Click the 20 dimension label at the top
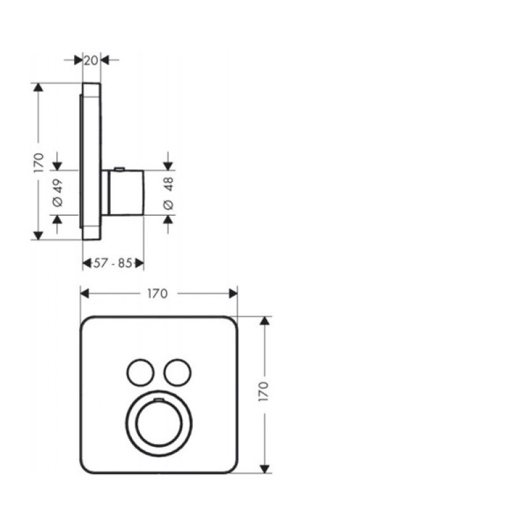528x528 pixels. coord(91,60)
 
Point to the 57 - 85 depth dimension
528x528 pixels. coord(113,264)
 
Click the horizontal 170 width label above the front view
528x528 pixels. coord(158,294)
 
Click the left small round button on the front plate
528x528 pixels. coord(140,372)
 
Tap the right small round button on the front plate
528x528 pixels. coord(176,372)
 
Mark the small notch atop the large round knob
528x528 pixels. coord(158,400)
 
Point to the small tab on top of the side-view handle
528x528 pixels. coord(119,168)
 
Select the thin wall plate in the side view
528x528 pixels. coord(91,158)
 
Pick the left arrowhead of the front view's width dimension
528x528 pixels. coord(84,294)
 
